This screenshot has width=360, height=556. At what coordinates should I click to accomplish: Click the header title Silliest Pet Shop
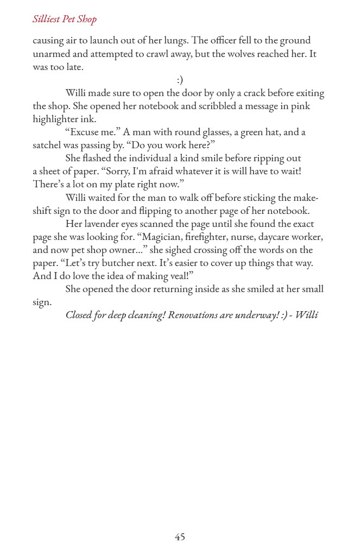coord(65,20)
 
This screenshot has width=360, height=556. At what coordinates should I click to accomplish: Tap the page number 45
coord(180,536)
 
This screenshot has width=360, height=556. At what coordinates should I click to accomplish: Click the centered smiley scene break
coord(180,80)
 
